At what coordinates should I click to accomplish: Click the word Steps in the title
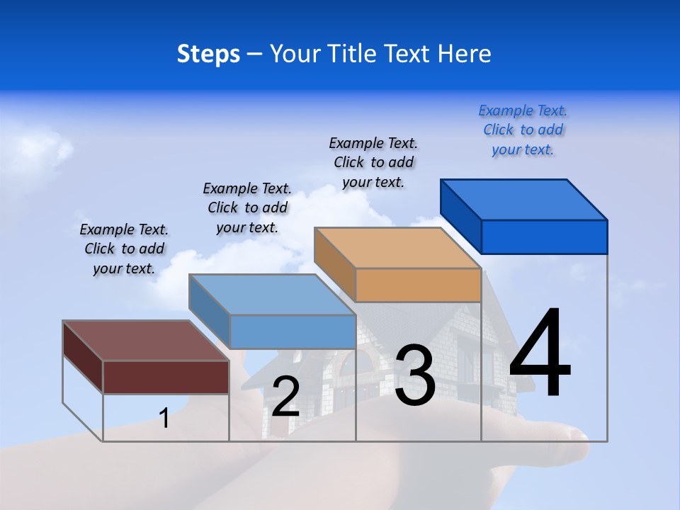[x=208, y=54]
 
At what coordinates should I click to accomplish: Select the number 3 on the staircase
[x=414, y=375]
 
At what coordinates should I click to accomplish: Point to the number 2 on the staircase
[x=285, y=397]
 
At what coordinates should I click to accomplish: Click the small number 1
[x=164, y=418]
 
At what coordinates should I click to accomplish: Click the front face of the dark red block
[x=166, y=377]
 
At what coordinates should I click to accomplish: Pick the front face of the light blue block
[x=293, y=331]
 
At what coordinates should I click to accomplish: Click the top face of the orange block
[x=397, y=247]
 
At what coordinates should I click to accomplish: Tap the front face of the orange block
[x=418, y=285]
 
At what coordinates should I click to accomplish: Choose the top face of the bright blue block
[x=523, y=199]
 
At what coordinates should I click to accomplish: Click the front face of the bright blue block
[x=544, y=237]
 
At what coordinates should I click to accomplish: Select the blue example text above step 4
[x=523, y=130]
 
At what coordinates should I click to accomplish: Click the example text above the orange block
[x=373, y=162]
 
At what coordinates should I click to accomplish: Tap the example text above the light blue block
[x=247, y=208]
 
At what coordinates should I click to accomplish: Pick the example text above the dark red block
[x=124, y=249]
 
